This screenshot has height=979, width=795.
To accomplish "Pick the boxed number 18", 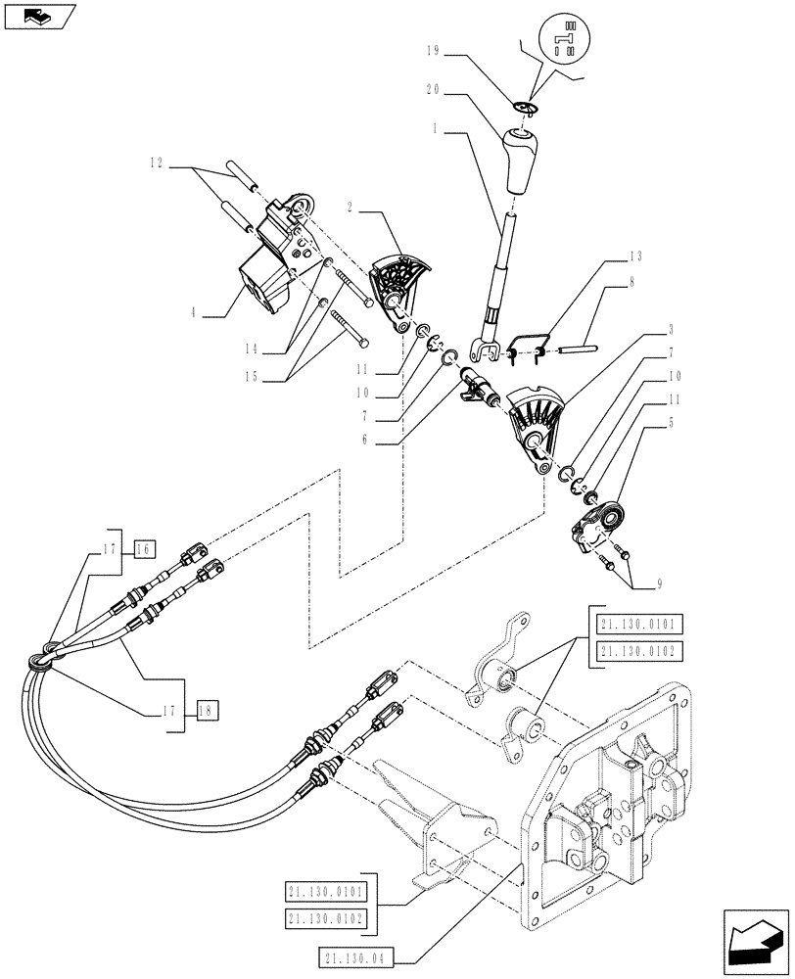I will tap(206, 711).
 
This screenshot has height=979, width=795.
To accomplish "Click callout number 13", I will tap(635, 256).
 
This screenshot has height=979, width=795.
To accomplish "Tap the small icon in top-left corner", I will tap(38, 16).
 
